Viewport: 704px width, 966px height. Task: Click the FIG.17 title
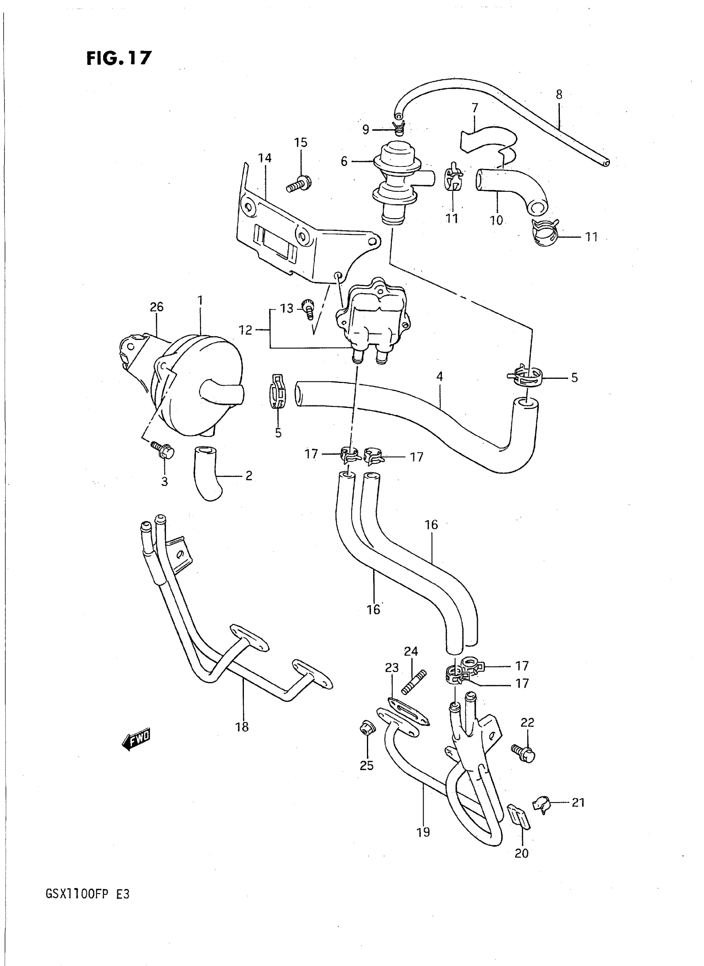pyautogui.click(x=119, y=58)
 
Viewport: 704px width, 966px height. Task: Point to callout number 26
pyautogui.click(x=157, y=307)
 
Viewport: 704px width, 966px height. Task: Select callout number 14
pyautogui.click(x=265, y=158)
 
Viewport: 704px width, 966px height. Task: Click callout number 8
pyautogui.click(x=559, y=94)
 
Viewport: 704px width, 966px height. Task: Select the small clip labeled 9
pyautogui.click(x=398, y=126)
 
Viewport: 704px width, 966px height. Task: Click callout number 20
pyautogui.click(x=522, y=852)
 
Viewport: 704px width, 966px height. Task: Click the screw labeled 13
pyautogui.click(x=308, y=308)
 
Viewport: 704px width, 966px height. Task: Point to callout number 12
pyautogui.click(x=246, y=330)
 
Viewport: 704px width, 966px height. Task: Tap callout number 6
pyautogui.click(x=344, y=161)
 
